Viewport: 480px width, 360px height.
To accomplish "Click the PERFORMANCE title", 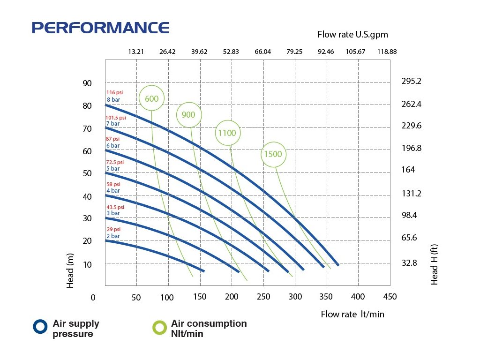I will [100, 28].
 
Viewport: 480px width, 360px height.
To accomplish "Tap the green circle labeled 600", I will [152, 98].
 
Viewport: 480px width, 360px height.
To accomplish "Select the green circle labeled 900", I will [188, 115].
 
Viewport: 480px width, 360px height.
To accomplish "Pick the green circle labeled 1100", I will [227, 133].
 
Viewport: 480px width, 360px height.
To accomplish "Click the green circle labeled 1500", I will [273, 154].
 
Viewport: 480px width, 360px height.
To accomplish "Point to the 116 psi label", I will [114, 93].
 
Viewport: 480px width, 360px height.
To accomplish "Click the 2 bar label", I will [112, 236].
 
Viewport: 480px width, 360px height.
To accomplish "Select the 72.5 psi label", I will [115, 162].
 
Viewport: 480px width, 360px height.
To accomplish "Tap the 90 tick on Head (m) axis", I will [87, 83].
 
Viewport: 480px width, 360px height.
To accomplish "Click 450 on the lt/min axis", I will [390, 297].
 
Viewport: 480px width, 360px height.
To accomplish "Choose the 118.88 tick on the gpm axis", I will [387, 52].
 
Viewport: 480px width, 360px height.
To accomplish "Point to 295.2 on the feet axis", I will [412, 81].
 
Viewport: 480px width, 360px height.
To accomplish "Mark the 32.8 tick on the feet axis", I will [409, 263].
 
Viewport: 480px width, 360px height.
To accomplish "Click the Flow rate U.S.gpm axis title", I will [352, 34].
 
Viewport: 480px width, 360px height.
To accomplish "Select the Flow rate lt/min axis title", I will [352, 314].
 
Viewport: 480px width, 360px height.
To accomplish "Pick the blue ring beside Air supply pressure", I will [40, 327].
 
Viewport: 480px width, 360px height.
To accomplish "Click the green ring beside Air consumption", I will [160, 327].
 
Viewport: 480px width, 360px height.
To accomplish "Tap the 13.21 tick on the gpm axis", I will [136, 52].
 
